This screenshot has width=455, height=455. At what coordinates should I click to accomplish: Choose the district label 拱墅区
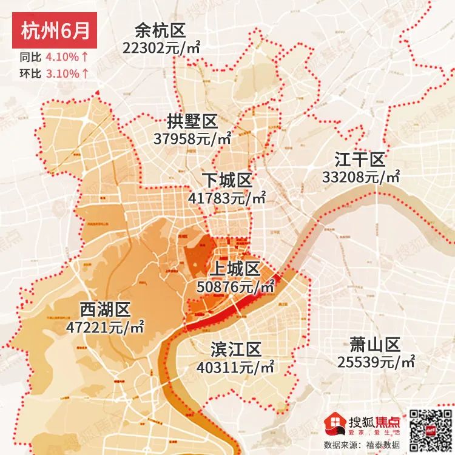[x=192, y=121]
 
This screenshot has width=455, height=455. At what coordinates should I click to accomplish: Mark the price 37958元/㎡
[x=193, y=138]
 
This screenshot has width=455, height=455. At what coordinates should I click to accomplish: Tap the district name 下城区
[x=227, y=181]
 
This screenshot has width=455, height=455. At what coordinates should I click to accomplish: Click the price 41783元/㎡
[x=227, y=198]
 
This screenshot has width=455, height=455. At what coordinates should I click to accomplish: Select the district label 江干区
[x=360, y=160]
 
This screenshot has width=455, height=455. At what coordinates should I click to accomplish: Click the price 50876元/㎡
[x=236, y=286]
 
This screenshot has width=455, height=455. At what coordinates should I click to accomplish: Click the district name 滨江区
[x=235, y=349]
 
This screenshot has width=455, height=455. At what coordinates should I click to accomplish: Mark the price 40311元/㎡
[x=236, y=366]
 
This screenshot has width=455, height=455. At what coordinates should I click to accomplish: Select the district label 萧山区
[x=375, y=345]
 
